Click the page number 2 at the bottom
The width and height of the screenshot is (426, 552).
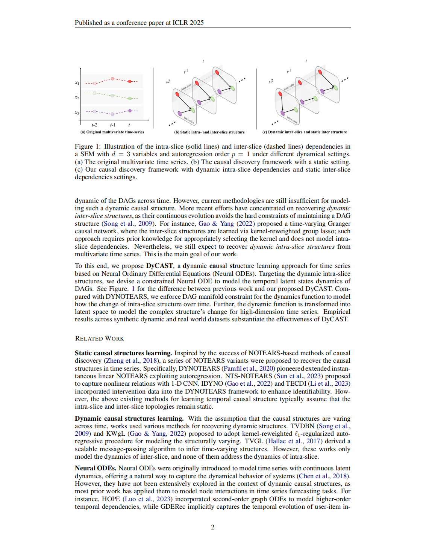[212, 527]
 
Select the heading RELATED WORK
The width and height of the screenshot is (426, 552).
[99, 338]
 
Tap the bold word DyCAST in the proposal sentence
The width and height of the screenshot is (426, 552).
[159, 266]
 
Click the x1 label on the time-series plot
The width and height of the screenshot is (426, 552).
[77, 82]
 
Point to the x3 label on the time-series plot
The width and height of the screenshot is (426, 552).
[77, 113]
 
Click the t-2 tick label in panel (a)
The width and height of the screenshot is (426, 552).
[94, 125]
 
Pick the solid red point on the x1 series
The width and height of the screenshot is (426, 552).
[130, 81]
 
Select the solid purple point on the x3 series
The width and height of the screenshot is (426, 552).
[130, 111]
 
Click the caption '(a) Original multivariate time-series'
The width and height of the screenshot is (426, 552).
[112, 132]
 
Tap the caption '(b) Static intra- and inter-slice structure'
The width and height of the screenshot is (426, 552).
[209, 132]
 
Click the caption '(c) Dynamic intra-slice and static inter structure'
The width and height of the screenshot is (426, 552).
[305, 132]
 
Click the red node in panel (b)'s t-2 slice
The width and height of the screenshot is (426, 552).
[177, 94]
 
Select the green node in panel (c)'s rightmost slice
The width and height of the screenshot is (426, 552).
[335, 88]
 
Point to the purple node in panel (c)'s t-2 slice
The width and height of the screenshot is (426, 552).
[282, 113]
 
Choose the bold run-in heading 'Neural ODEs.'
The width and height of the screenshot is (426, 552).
[96, 468]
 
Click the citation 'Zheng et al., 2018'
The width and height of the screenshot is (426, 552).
[131, 360]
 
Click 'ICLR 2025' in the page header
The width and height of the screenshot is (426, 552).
[188, 23]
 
